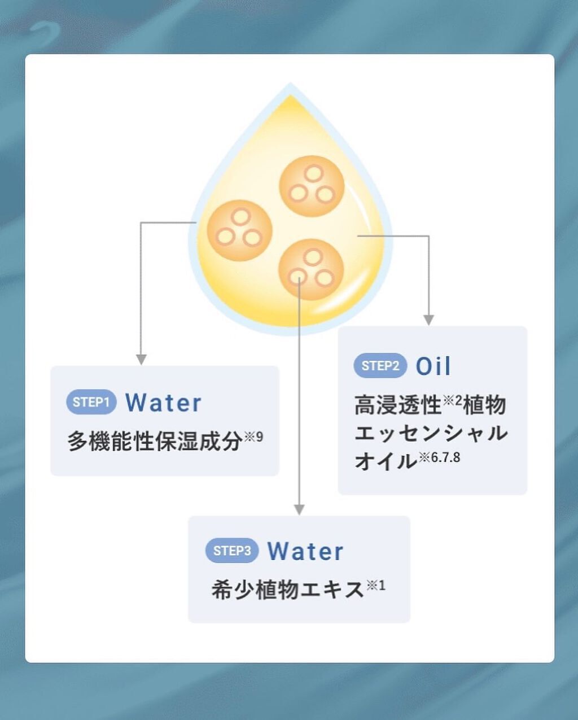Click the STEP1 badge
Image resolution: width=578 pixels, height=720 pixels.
91,402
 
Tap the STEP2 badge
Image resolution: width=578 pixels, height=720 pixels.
380,365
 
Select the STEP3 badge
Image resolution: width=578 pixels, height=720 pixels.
232,551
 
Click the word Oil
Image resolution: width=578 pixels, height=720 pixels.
433,366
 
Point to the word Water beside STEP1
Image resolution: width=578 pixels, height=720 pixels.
163,403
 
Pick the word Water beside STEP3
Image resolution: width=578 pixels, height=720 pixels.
305,551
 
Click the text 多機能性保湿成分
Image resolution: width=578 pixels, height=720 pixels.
155,441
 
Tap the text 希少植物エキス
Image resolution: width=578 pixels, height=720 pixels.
288,590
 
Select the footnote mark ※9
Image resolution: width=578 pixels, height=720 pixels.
253,437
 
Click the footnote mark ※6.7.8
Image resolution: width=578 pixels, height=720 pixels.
439,457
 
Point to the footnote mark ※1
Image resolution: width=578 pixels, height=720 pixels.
376,586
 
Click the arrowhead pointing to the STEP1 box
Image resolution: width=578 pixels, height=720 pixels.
141,360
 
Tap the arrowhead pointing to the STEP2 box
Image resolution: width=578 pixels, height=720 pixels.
428,320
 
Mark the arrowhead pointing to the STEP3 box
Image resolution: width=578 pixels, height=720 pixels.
299,509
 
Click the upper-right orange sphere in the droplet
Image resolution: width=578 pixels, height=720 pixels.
312,186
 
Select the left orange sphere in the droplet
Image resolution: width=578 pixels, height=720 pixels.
239,230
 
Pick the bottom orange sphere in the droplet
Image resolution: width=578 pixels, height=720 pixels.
311,269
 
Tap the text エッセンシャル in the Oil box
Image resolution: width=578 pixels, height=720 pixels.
431,433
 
